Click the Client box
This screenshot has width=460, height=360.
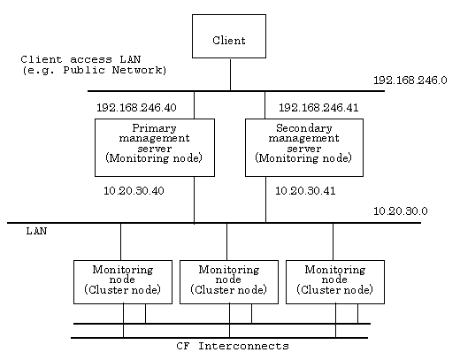229,36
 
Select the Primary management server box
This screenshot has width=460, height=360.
155,148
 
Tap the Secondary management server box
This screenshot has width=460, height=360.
304,148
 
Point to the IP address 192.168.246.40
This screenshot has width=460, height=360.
136,108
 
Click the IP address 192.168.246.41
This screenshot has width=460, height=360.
318,108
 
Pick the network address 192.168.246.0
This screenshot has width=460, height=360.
410,80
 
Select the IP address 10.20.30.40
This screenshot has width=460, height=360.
134,191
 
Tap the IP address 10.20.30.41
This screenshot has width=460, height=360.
305,191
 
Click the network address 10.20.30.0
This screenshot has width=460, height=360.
401,211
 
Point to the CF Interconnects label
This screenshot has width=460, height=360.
233,346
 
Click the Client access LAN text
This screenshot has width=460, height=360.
80,59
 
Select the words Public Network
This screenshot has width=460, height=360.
113,70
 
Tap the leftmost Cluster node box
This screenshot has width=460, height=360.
123,282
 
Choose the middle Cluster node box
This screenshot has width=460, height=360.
229,282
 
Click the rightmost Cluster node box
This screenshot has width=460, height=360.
335,282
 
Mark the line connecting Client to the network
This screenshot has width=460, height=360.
230,74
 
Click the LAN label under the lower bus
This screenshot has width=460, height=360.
36,231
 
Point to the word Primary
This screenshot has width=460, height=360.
154,128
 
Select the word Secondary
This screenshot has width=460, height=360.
304,128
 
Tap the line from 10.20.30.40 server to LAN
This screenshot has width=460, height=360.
194,200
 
